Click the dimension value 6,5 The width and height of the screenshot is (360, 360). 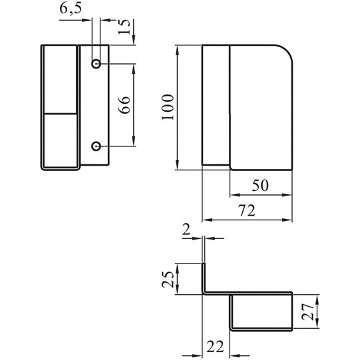[71, 9]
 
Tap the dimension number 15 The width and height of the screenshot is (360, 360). [124, 27]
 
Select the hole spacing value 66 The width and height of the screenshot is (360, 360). [124, 105]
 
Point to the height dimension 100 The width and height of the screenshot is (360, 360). [168, 107]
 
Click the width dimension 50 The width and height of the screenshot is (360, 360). [260, 186]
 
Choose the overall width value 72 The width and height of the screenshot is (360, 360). [247, 210]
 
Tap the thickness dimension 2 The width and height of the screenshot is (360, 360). [186, 230]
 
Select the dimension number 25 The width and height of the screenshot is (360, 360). [168, 279]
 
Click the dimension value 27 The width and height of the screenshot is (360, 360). [308, 311]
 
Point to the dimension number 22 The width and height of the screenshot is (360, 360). [215, 347]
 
